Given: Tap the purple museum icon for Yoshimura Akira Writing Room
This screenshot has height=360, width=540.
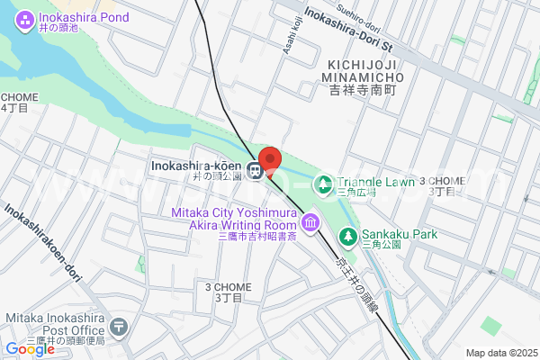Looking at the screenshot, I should [x=310, y=220].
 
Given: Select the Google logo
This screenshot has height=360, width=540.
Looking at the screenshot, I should [x=30, y=349].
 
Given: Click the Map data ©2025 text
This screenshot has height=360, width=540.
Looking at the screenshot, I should [x=500, y=353].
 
